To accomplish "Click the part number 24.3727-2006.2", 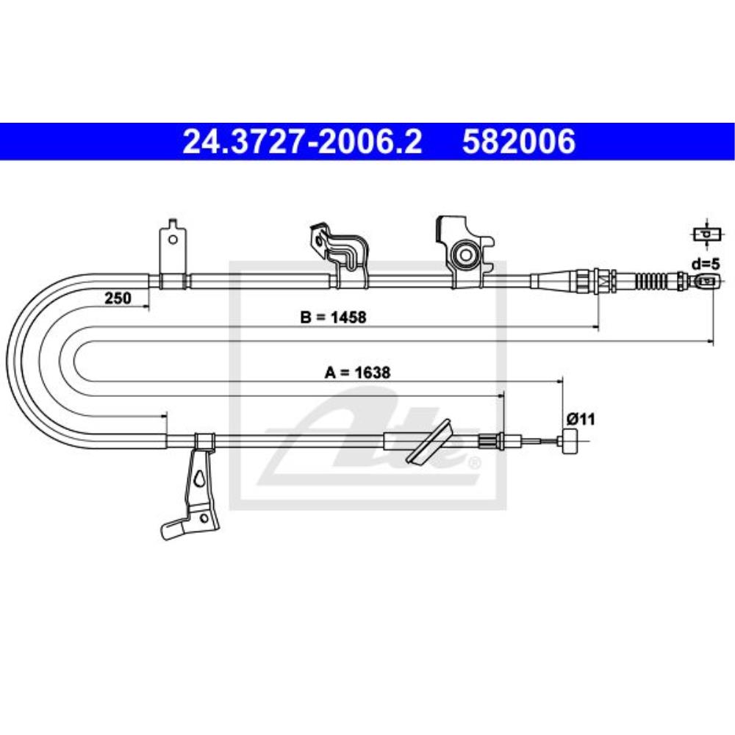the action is (x=302, y=142).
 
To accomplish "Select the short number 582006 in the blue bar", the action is (x=519, y=142).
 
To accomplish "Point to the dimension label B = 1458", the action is (x=333, y=318).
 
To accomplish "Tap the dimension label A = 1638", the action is (x=357, y=373).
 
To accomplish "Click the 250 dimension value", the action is (x=118, y=298).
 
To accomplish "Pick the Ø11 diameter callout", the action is (x=581, y=419).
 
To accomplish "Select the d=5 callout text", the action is (x=706, y=264).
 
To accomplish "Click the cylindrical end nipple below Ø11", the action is (x=569, y=440).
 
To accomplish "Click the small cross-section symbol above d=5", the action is (x=706, y=234).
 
